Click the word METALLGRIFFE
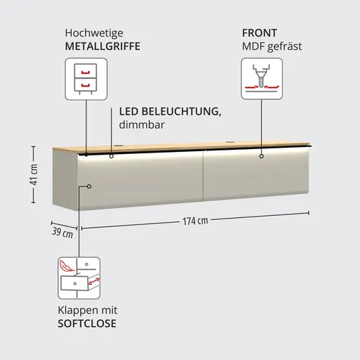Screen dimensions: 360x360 [103, 46]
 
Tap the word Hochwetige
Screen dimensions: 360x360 [94, 33]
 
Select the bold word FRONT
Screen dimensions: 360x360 [259, 33]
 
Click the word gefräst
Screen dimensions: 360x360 [285, 46]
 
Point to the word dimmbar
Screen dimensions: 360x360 [142, 124]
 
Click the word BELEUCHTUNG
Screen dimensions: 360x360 [181, 112]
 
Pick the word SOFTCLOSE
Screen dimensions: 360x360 [87, 323]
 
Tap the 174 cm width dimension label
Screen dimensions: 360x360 [195, 221]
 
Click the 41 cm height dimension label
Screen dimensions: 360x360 [34, 174]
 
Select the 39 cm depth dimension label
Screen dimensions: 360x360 [63, 233]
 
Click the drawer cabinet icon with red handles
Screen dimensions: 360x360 [86, 79]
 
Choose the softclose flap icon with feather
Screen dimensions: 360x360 [79, 278]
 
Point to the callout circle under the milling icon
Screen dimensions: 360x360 [262, 156]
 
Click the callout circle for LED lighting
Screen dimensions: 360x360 [111, 156]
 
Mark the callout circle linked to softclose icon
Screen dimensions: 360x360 [89, 186]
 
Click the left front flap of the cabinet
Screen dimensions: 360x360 [140, 180]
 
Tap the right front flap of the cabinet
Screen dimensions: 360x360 [256, 174]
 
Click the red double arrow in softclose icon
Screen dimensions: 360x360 [94, 281]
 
